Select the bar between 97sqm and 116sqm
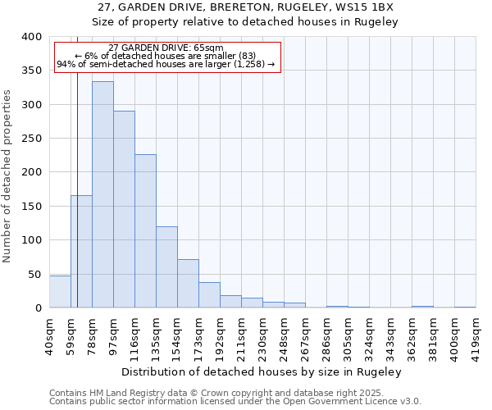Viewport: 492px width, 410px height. click(x=124, y=209)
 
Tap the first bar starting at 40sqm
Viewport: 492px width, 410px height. click(x=60, y=292)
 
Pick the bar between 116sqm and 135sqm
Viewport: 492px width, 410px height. click(x=145, y=231)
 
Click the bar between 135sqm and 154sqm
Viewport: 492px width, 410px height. click(x=166, y=267)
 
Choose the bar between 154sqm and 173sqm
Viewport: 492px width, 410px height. click(x=188, y=284)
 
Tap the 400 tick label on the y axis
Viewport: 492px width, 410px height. click(x=31, y=37)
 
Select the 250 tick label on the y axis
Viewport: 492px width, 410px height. click(x=31, y=139)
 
